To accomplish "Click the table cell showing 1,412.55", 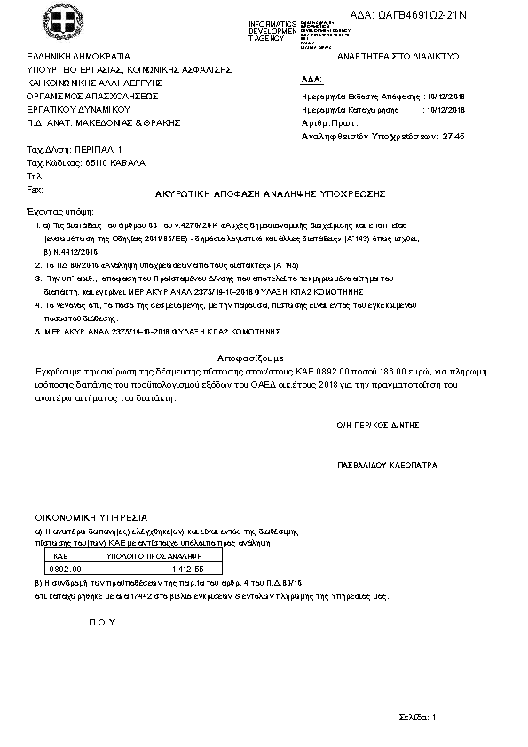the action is point(186,569).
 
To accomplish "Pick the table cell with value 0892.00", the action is point(65,569).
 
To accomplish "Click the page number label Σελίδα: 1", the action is point(416,716).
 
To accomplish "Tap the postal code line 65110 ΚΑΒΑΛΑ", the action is point(87,163).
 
